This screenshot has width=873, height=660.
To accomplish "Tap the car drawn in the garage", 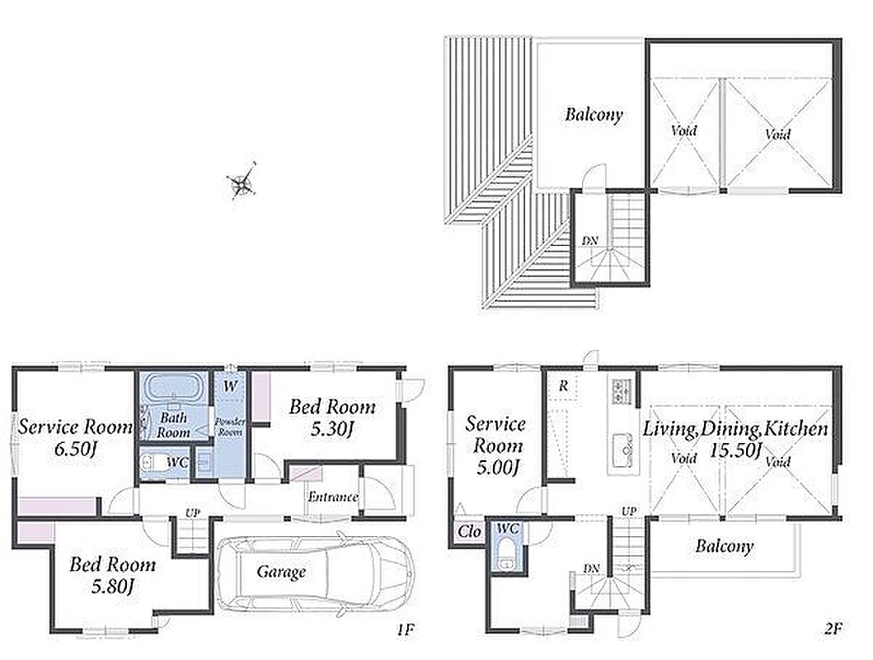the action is click(316, 573).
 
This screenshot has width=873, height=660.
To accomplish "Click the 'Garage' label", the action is click(281, 572).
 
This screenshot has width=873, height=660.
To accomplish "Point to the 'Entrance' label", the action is click(333, 497).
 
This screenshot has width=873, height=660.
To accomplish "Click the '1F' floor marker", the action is click(406, 630).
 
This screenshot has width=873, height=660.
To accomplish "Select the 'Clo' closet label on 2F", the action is click(469, 531).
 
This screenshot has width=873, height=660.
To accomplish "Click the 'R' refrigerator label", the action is click(563, 385).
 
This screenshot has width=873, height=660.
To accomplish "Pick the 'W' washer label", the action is click(231, 385).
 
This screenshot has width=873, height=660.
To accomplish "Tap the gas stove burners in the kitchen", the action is click(622, 391).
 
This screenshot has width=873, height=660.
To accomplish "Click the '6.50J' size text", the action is click(77, 449).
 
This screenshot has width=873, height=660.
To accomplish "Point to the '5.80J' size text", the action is click(114, 587).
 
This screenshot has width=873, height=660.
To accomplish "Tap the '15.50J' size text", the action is click(735, 450).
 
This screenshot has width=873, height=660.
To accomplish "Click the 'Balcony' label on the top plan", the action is click(594, 115).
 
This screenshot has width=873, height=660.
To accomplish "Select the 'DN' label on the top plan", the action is click(590, 241).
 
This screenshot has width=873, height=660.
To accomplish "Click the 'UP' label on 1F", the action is click(193, 512).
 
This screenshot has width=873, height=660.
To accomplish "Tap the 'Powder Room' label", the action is click(230, 427).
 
